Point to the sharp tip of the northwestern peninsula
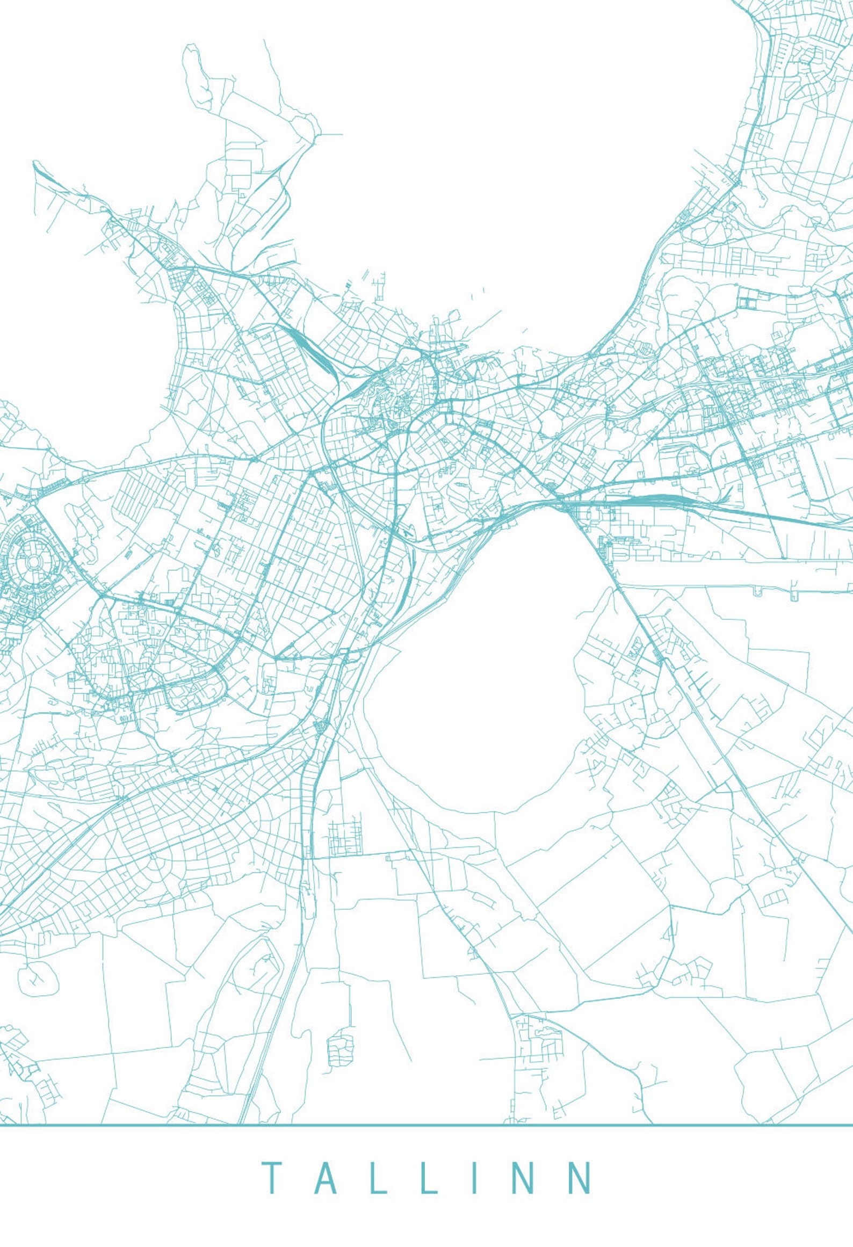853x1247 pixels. (35, 163)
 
